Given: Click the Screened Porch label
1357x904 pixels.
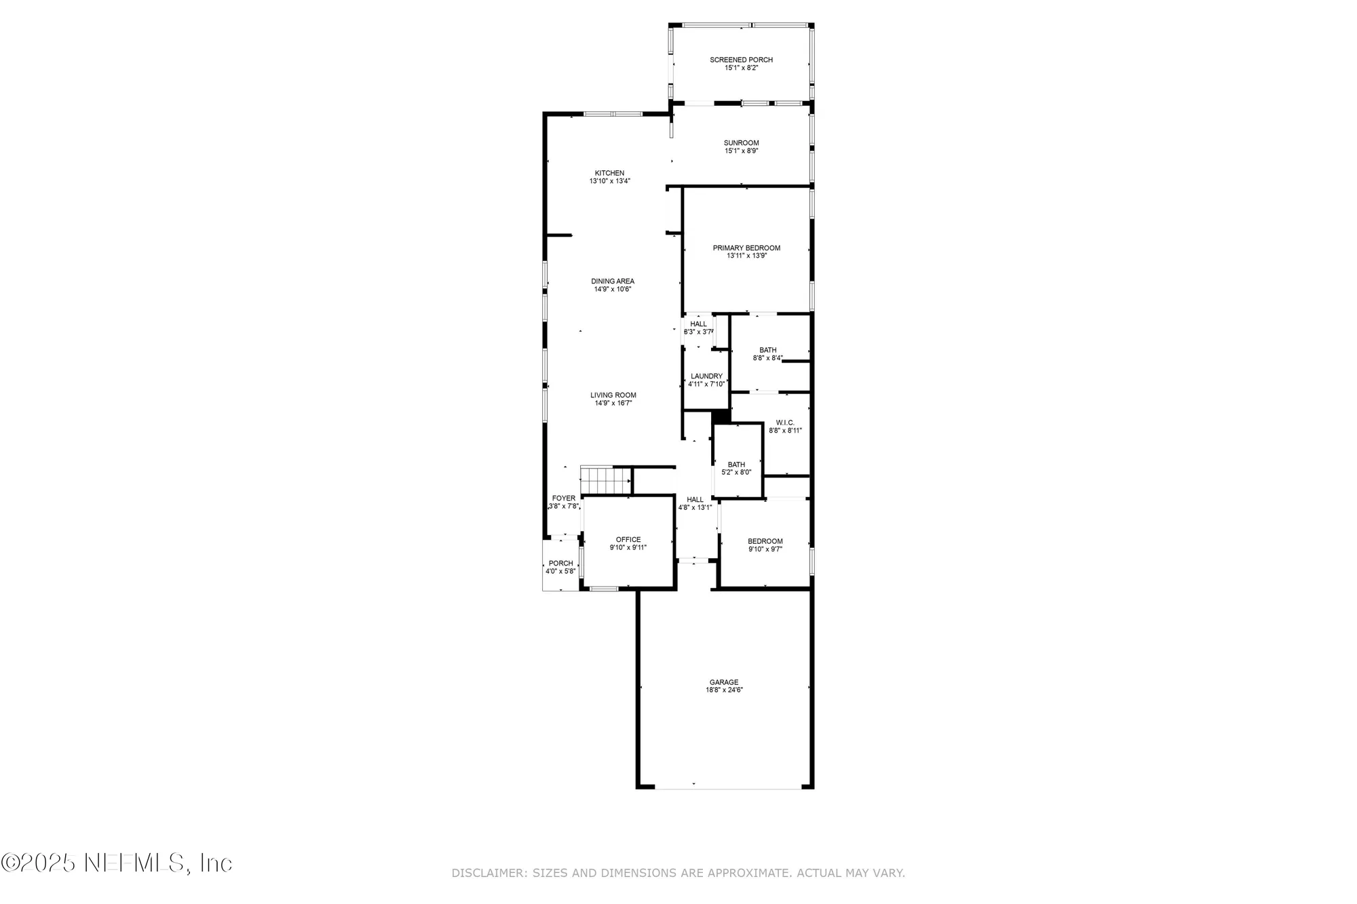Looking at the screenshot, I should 741,60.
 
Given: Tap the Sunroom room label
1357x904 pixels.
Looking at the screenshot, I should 741,143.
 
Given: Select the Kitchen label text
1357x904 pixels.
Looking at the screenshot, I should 609,173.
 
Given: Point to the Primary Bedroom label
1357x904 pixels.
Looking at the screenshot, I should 746,248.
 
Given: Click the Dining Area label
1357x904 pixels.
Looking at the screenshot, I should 613,281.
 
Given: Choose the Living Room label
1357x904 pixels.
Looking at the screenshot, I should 613,395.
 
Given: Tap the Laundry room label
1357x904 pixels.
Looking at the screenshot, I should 706,376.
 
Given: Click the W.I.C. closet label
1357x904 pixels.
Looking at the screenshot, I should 785,422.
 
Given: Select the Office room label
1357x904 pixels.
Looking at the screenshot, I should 628,540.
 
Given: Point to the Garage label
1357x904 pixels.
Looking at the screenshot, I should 724,682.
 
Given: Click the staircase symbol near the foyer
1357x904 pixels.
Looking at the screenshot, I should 605,480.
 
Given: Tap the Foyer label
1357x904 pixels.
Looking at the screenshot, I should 564,498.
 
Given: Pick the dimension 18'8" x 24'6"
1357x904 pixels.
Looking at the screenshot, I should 724,690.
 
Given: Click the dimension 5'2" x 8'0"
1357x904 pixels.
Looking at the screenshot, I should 736,473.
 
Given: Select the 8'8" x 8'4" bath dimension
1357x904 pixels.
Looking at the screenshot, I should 767,358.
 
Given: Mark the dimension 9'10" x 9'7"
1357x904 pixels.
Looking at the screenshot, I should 765,549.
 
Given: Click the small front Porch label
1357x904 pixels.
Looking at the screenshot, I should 561,564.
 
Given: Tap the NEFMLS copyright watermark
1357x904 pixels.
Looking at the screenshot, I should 117,863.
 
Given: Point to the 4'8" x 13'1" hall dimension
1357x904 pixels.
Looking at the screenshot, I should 695,507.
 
